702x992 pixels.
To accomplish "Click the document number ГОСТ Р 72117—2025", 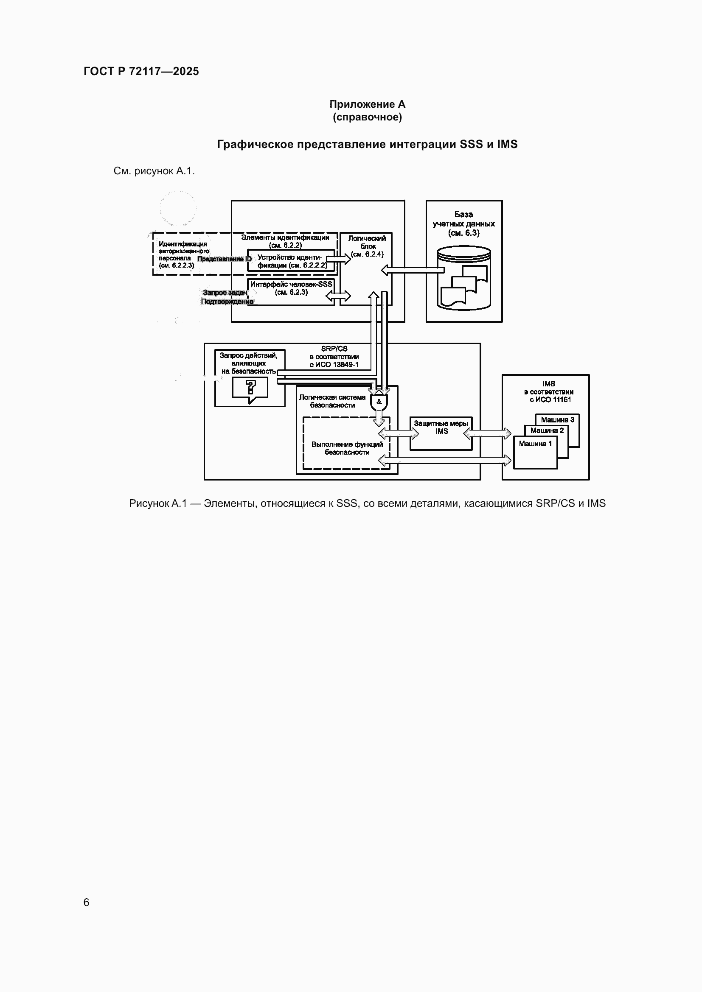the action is (x=141, y=71).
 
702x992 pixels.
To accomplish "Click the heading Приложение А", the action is (x=368, y=104).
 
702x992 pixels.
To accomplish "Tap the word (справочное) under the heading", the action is (x=368, y=117).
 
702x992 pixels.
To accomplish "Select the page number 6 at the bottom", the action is (x=87, y=902).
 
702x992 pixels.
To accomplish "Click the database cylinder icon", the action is (x=464, y=278).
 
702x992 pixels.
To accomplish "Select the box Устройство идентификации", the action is (x=290, y=260).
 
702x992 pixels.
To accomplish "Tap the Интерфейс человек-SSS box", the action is (x=291, y=292).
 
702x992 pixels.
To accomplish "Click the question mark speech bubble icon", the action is (x=250, y=389).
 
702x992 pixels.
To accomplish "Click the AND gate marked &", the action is (x=379, y=402).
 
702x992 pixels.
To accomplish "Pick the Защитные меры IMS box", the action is (x=441, y=433).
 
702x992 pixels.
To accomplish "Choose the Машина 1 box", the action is (x=536, y=453).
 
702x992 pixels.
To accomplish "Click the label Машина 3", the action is (x=558, y=419).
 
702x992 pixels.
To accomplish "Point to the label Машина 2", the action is (x=547, y=430).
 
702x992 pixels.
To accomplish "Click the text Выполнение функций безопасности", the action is (x=347, y=448).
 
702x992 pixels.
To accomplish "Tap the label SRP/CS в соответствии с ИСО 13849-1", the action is (x=334, y=356).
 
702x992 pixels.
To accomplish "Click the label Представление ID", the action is (x=225, y=259).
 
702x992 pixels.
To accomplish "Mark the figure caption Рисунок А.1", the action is (x=368, y=503).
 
